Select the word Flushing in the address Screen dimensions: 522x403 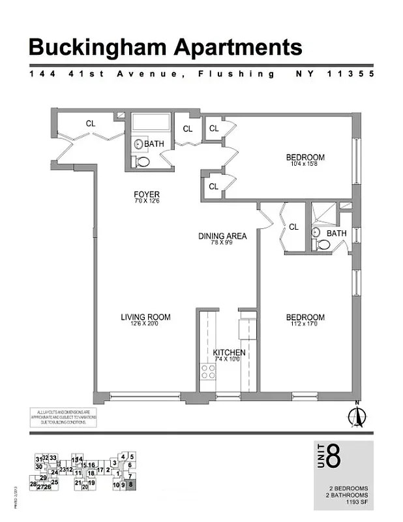[237, 74]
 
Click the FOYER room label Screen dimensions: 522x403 [147, 194]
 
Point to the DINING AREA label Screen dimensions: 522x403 [222, 236]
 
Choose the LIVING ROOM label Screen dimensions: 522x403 [145, 318]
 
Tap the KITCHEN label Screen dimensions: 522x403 [230, 353]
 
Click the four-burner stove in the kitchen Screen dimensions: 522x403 [208, 372]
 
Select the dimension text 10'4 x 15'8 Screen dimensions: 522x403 [305, 164]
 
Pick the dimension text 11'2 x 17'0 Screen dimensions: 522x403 [305, 325]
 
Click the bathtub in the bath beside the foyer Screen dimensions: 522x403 [151, 123]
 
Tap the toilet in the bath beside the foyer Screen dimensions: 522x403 [143, 161]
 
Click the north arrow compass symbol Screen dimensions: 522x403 [356, 414]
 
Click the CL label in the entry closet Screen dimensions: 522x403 [91, 123]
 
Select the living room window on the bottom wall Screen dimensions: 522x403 [145, 395]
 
